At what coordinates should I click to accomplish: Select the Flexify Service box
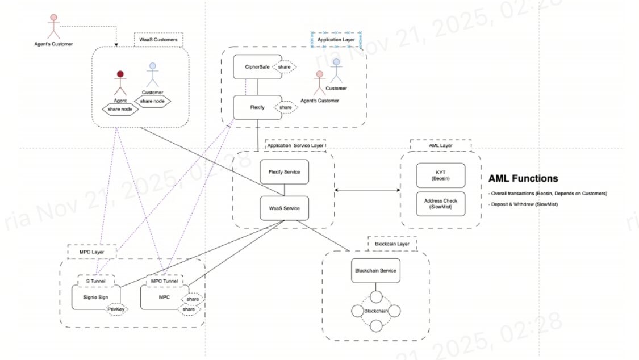[x=284, y=171]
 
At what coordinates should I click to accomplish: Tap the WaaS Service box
[x=284, y=208]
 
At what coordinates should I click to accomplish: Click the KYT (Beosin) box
[x=440, y=175]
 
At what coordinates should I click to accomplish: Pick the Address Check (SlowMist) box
[x=440, y=204]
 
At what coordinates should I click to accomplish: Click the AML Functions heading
[x=523, y=178]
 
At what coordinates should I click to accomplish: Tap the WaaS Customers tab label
[x=158, y=40]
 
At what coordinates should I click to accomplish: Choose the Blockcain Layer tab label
[x=392, y=244]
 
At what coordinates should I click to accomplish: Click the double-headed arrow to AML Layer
[x=367, y=190]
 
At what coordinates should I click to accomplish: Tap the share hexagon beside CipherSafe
[x=284, y=66]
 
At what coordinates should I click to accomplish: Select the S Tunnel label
[x=95, y=281]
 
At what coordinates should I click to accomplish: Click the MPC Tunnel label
[x=164, y=281]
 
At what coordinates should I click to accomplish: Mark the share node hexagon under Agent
[x=120, y=109]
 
